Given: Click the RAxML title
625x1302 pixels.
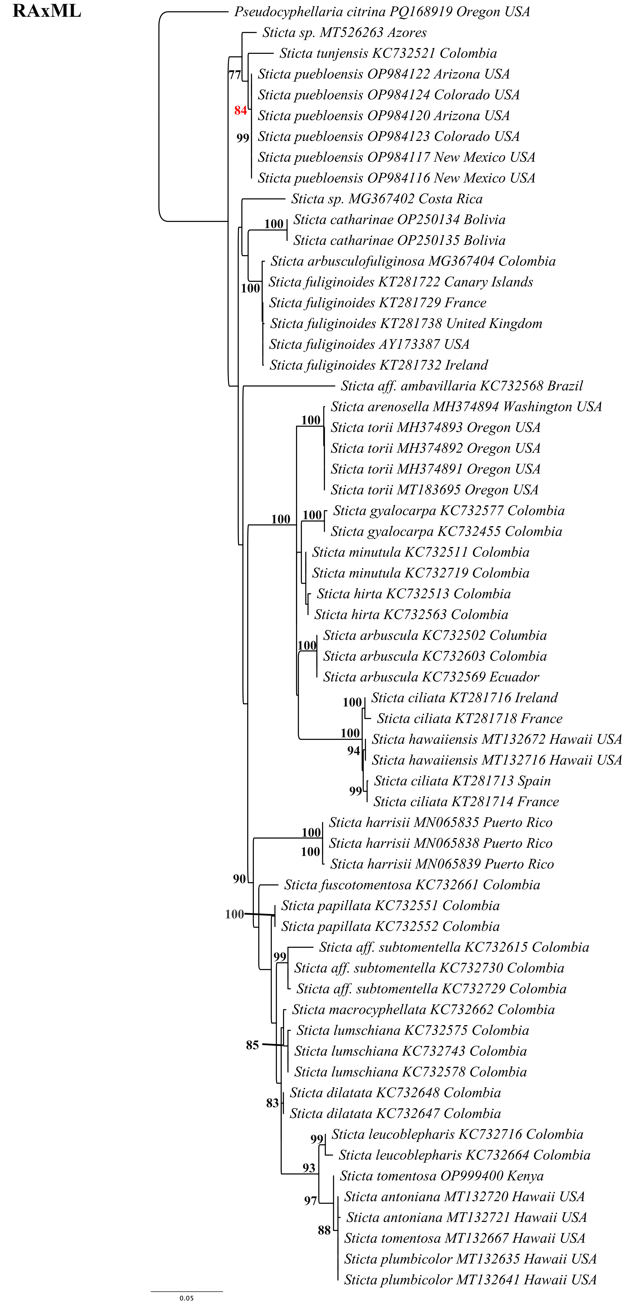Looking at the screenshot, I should tap(46, 11).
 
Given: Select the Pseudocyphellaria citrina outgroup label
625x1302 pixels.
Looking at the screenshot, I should tap(382, 12).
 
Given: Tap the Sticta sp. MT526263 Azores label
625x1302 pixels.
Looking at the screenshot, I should tap(344, 33).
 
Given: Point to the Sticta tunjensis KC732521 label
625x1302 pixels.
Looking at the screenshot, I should tap(388, 54).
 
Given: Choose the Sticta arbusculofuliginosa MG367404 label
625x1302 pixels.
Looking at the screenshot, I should tap(413, 261).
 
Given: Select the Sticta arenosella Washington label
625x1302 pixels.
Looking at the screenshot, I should tap(466, 407).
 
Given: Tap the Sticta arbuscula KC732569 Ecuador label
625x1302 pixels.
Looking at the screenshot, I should tap(431, 677).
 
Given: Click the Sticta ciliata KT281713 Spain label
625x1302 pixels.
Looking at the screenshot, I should tap(462, 781).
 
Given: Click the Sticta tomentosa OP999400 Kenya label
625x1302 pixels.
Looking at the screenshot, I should tap(441, 1176).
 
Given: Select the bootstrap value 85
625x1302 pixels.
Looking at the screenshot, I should tap(252, 1045).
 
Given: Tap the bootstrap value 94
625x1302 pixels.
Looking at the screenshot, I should tap(354, 751).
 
